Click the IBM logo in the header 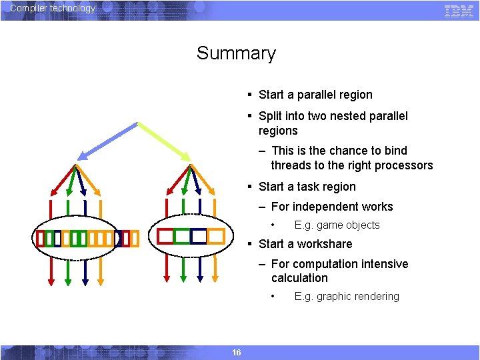[x=459, y=11]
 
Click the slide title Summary [x=236, y=53]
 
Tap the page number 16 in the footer [x=236, y=352]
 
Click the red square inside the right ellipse [x=165, y=236]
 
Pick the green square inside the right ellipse [x=182, y=236]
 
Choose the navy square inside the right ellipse [x=199, y=236]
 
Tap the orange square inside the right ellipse [x=215, y=236]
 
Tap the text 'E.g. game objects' [x=337, y=225]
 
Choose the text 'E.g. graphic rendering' [x=347, y=297]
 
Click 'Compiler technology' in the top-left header [x=53, y=8]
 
